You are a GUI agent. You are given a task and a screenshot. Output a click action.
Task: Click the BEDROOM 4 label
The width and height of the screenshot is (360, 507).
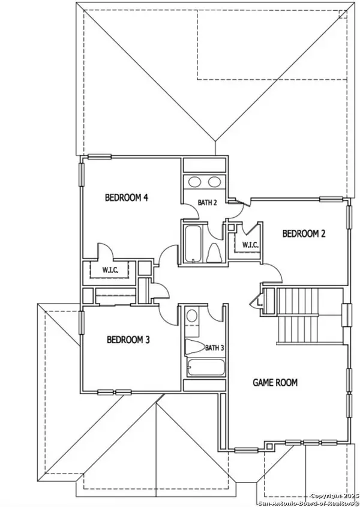[127, 197]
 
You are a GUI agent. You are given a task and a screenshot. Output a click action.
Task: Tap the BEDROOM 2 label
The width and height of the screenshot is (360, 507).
[304, 233]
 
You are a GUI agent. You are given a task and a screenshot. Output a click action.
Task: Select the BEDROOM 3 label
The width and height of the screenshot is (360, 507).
[128, 340]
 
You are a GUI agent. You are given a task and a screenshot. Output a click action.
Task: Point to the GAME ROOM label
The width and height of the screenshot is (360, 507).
[275, 382]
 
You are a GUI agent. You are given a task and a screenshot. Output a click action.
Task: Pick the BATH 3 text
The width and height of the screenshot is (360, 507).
[214, 347]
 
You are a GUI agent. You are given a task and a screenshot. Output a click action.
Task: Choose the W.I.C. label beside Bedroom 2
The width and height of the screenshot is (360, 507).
[250, 245]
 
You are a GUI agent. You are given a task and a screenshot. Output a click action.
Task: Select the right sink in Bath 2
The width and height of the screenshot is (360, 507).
[214, 182]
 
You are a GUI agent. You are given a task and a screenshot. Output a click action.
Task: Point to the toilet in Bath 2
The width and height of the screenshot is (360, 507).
[215, 254]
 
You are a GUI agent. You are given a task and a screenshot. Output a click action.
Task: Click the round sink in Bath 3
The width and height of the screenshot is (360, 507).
[192, 315]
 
